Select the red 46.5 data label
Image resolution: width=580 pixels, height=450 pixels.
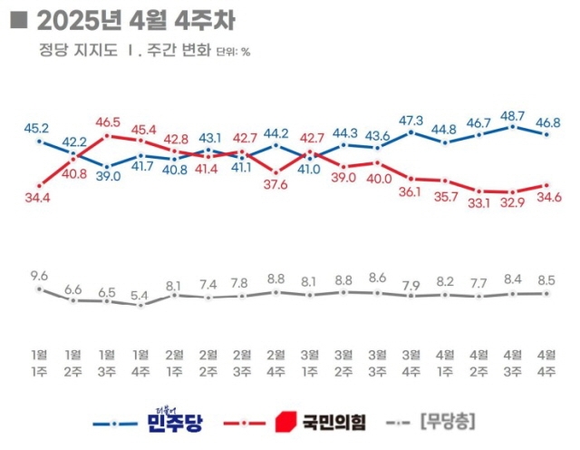click(x=108, y=122)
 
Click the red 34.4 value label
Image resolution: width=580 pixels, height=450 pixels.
click(x=37, y=197)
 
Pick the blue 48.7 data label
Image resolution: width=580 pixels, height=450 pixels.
click(x=513, y=115)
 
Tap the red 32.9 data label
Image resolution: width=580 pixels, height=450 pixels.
click(x=513, y=203)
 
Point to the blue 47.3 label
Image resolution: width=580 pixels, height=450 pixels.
click(x=411, y=120)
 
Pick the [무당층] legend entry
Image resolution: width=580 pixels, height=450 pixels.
click(x=449, y=422)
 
